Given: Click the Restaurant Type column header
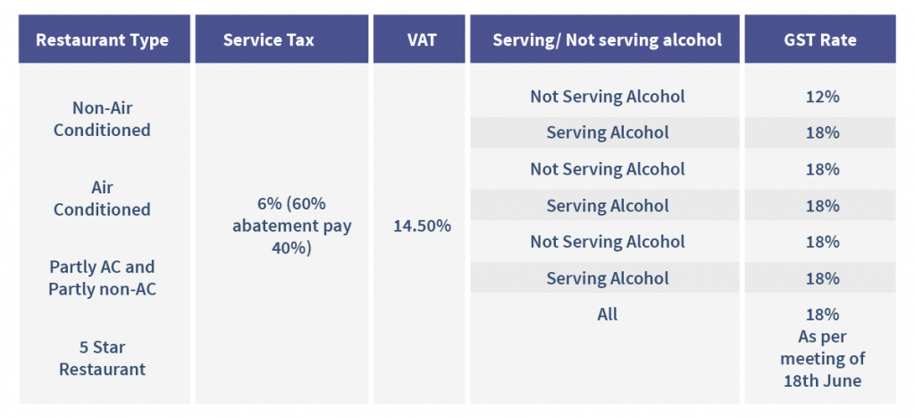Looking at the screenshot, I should [102, 40].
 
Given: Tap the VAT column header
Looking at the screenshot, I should [421, 40].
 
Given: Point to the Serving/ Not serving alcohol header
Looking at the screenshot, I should [607, 40].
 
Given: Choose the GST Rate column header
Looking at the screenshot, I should [821, 40].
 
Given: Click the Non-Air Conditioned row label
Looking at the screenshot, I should [102, 119].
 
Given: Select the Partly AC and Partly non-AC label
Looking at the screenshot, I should [102, 277].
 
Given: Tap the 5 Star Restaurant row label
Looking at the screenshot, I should [102, 357].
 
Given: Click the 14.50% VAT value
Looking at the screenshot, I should [422, 226].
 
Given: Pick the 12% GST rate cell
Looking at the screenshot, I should [821, 97].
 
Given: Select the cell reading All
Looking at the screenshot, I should [608, 314].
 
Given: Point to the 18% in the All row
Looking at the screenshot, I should [821, 314].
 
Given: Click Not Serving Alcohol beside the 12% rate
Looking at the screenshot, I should [608, 97].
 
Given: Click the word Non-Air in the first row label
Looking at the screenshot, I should [102, 108].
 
